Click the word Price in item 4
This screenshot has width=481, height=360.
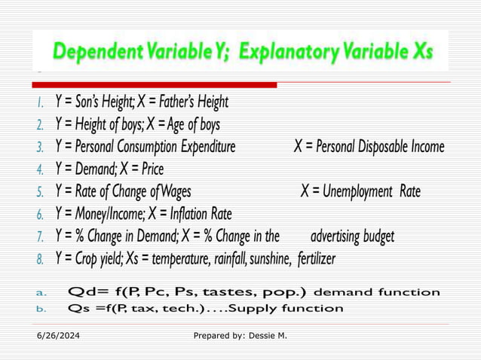click(x=149, y=169)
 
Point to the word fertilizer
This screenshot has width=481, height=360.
click(x=316, y=259)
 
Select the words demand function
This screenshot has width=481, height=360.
click(x=376, y=292)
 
